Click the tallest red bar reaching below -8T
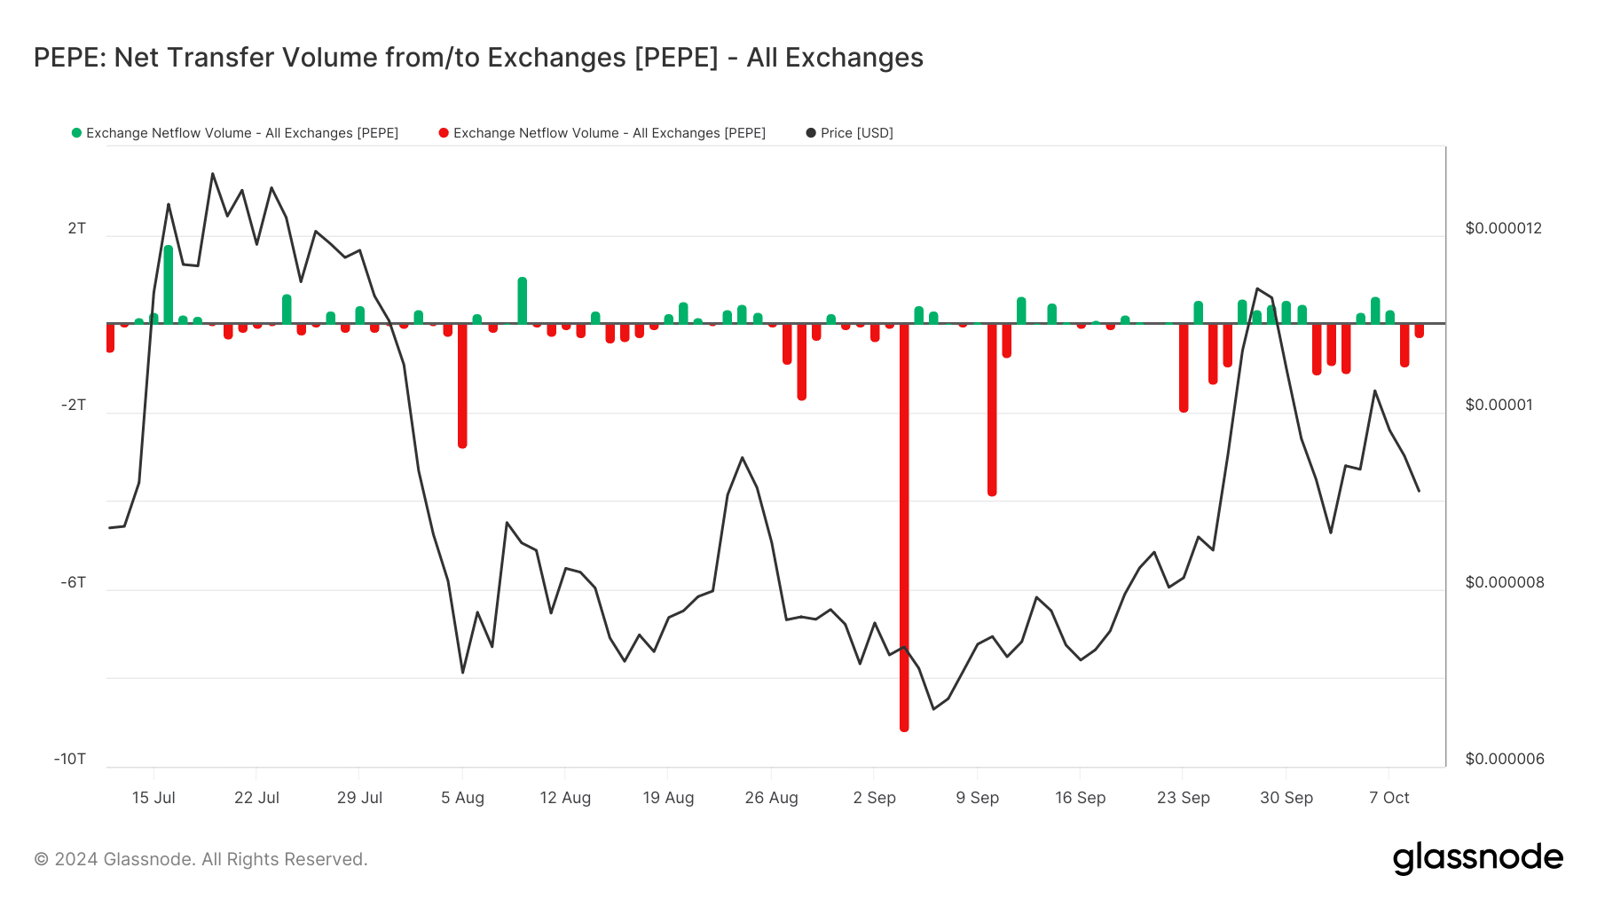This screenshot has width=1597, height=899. coord(904,532)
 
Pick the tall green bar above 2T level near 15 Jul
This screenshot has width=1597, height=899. coord(169,284)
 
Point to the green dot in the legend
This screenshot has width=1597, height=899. coord(76,133)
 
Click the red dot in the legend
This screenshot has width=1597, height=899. coord(444,133)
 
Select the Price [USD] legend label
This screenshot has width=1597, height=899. coord(856,133)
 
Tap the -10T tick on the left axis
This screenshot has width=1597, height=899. coord(70,759)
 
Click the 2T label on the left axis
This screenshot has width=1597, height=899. coord(77,228)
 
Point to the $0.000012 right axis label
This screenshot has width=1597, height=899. coord(1503,228)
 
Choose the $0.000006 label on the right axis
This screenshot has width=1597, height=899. coord(1504,759)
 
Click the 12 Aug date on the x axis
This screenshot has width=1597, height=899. coord(565,798)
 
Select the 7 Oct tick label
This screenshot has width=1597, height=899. coord(1389,798)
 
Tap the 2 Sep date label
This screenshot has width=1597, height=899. coord(874,798)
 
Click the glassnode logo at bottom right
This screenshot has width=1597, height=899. coord(1477,858)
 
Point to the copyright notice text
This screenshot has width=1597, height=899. coord(201,859)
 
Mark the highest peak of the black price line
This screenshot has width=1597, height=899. coord(213,174)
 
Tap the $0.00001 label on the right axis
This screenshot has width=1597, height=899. coord(1498,405)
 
